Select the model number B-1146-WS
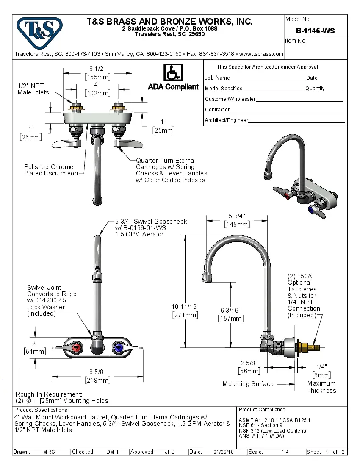(315, 31)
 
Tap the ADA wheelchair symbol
(173, 72)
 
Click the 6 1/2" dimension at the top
(97, 69)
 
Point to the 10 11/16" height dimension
(185, 306)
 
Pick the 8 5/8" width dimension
(97, 372)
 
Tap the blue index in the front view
(118, 348)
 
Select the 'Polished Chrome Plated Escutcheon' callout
(51, 170)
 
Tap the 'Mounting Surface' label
(248, 384)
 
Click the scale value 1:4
(285, 452)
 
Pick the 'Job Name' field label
(217, 78)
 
